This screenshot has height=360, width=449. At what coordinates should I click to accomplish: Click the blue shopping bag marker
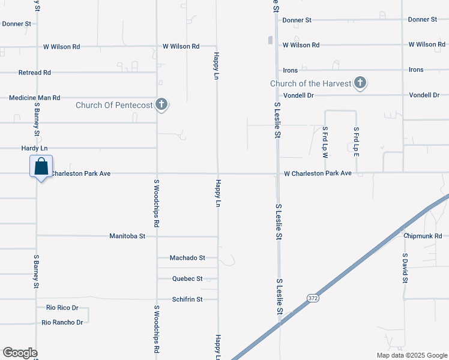click(41, 166)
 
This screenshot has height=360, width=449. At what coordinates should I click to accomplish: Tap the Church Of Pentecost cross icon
click(161, 105)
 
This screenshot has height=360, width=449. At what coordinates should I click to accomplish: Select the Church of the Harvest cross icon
click(360, 83)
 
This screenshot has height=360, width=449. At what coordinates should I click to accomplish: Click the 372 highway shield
click(312, 298)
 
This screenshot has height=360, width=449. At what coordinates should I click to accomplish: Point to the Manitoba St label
click(127, 236)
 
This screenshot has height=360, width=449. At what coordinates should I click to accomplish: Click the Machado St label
click(187, 258)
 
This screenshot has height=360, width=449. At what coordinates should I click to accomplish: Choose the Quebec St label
click(187, 279)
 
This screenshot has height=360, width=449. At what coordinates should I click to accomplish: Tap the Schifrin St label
click(187, 299)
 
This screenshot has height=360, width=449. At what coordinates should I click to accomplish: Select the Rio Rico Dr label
click(62, 308)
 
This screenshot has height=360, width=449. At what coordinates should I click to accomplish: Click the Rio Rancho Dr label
click(62, 323)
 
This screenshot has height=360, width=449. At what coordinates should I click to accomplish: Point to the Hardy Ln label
click(34, 148)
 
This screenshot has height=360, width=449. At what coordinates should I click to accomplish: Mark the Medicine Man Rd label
click(35, 98)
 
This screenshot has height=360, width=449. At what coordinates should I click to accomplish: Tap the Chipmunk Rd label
click(423, 236)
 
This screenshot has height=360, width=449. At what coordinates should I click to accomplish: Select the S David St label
click(405, 268)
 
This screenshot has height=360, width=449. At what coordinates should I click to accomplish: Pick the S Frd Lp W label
click(325, 142)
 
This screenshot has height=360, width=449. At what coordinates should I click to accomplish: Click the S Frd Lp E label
click(356, 142)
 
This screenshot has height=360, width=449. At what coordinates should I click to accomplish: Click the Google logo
click(20, 353)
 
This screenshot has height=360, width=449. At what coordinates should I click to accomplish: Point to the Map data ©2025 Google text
click(411, 355)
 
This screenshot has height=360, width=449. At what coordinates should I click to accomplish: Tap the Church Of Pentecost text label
click(113, 106)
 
